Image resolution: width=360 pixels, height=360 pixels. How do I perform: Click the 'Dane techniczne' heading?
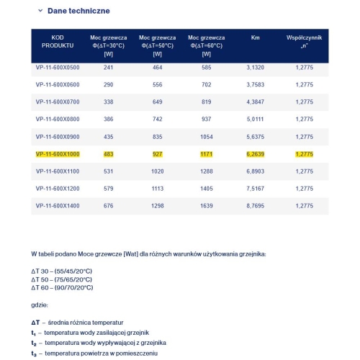pos(78,12)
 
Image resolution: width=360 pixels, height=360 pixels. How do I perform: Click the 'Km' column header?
pos(256,37)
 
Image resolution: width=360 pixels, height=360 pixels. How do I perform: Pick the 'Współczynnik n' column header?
pos(304,40)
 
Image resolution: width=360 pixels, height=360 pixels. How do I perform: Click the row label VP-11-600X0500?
pos(58,68)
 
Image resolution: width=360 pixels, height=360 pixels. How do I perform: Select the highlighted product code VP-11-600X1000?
pos(58,153)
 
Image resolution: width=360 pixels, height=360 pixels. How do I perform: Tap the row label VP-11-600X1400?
pos(58,205)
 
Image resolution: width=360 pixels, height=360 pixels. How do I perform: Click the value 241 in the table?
pos(109,68)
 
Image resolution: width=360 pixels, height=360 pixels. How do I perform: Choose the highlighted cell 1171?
pos(207,153)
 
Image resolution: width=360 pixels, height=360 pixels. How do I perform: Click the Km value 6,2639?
pos(256,153)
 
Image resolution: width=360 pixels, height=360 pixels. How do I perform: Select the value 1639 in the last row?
pos(207,205)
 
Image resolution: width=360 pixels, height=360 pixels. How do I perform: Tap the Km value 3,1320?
pos(256,68)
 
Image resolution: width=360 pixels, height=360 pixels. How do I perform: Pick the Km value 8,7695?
pos(256,205)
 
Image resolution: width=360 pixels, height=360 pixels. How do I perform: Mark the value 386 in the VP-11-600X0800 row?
pos(109,119)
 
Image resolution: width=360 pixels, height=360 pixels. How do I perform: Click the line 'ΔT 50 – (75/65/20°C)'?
pos(61,279)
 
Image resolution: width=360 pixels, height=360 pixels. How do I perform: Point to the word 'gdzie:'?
pos(40,305)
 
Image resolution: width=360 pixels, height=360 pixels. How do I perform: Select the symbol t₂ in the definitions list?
pos(34,344)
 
